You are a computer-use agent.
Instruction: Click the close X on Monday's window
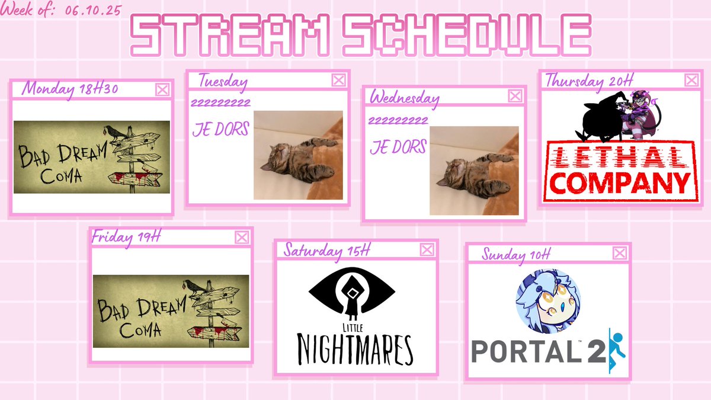coord(162,89)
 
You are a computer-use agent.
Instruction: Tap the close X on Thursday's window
coord(691,80)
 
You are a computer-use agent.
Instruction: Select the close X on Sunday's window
coord(620,254)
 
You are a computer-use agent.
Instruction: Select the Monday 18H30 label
coord(70,89)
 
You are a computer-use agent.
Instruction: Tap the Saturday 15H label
coord(326,250)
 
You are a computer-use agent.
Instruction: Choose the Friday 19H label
coord(126,237)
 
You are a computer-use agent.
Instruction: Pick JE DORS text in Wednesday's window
coord(398,146)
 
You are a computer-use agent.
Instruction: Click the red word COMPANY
coord(617,183)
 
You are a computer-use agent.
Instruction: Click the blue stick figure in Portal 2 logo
coord(616,350)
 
